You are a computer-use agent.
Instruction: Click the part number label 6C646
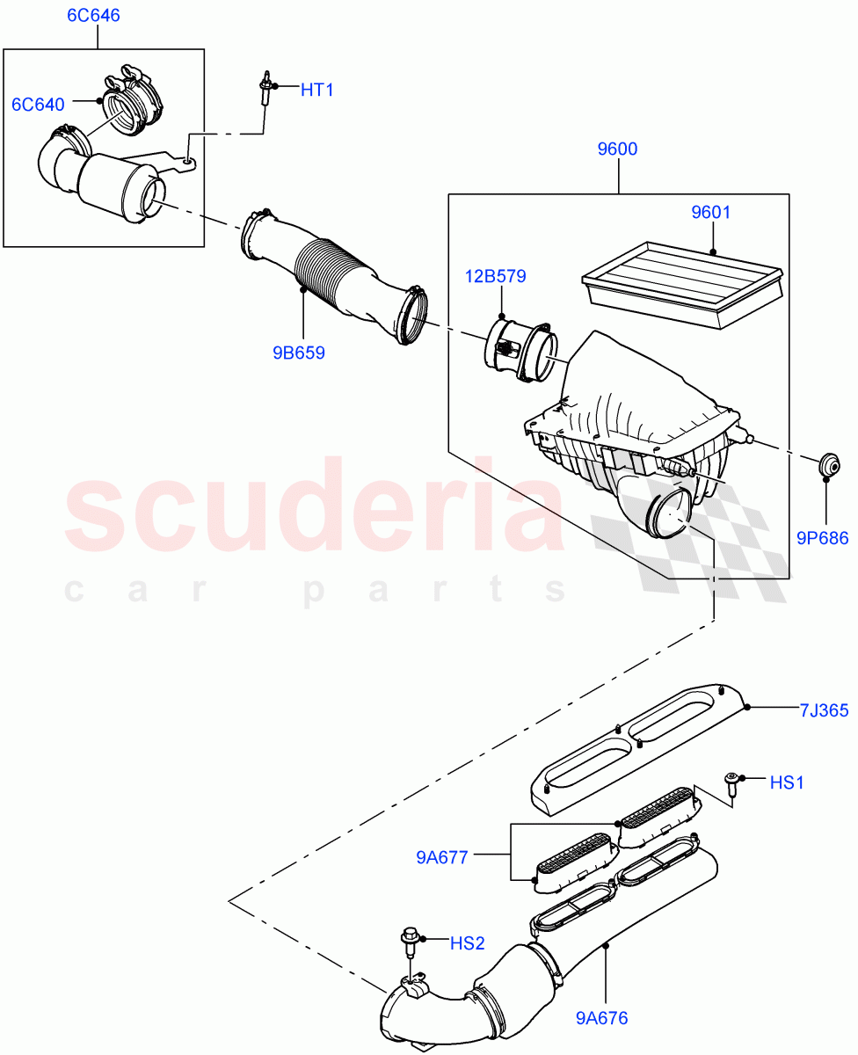94,16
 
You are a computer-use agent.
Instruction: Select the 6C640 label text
38,105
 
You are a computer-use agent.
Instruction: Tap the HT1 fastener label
317,89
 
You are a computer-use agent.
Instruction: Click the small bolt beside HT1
264,89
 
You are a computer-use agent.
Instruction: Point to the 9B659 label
299,353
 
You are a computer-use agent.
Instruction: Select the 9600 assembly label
617,149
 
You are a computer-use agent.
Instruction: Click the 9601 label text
710,212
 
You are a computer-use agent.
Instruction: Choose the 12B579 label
496,277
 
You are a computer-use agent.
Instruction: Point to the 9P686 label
823,538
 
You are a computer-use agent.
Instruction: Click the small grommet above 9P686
827,464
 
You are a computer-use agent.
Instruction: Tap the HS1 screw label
787,782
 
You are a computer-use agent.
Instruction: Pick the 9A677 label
442,855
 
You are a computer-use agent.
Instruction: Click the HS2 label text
467,943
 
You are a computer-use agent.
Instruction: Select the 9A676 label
602,1018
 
